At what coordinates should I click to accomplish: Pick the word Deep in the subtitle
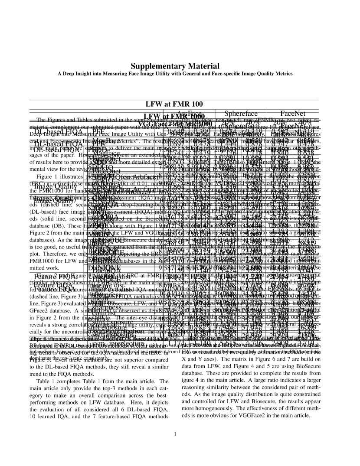pyautogui.click(x=68, y=74)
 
